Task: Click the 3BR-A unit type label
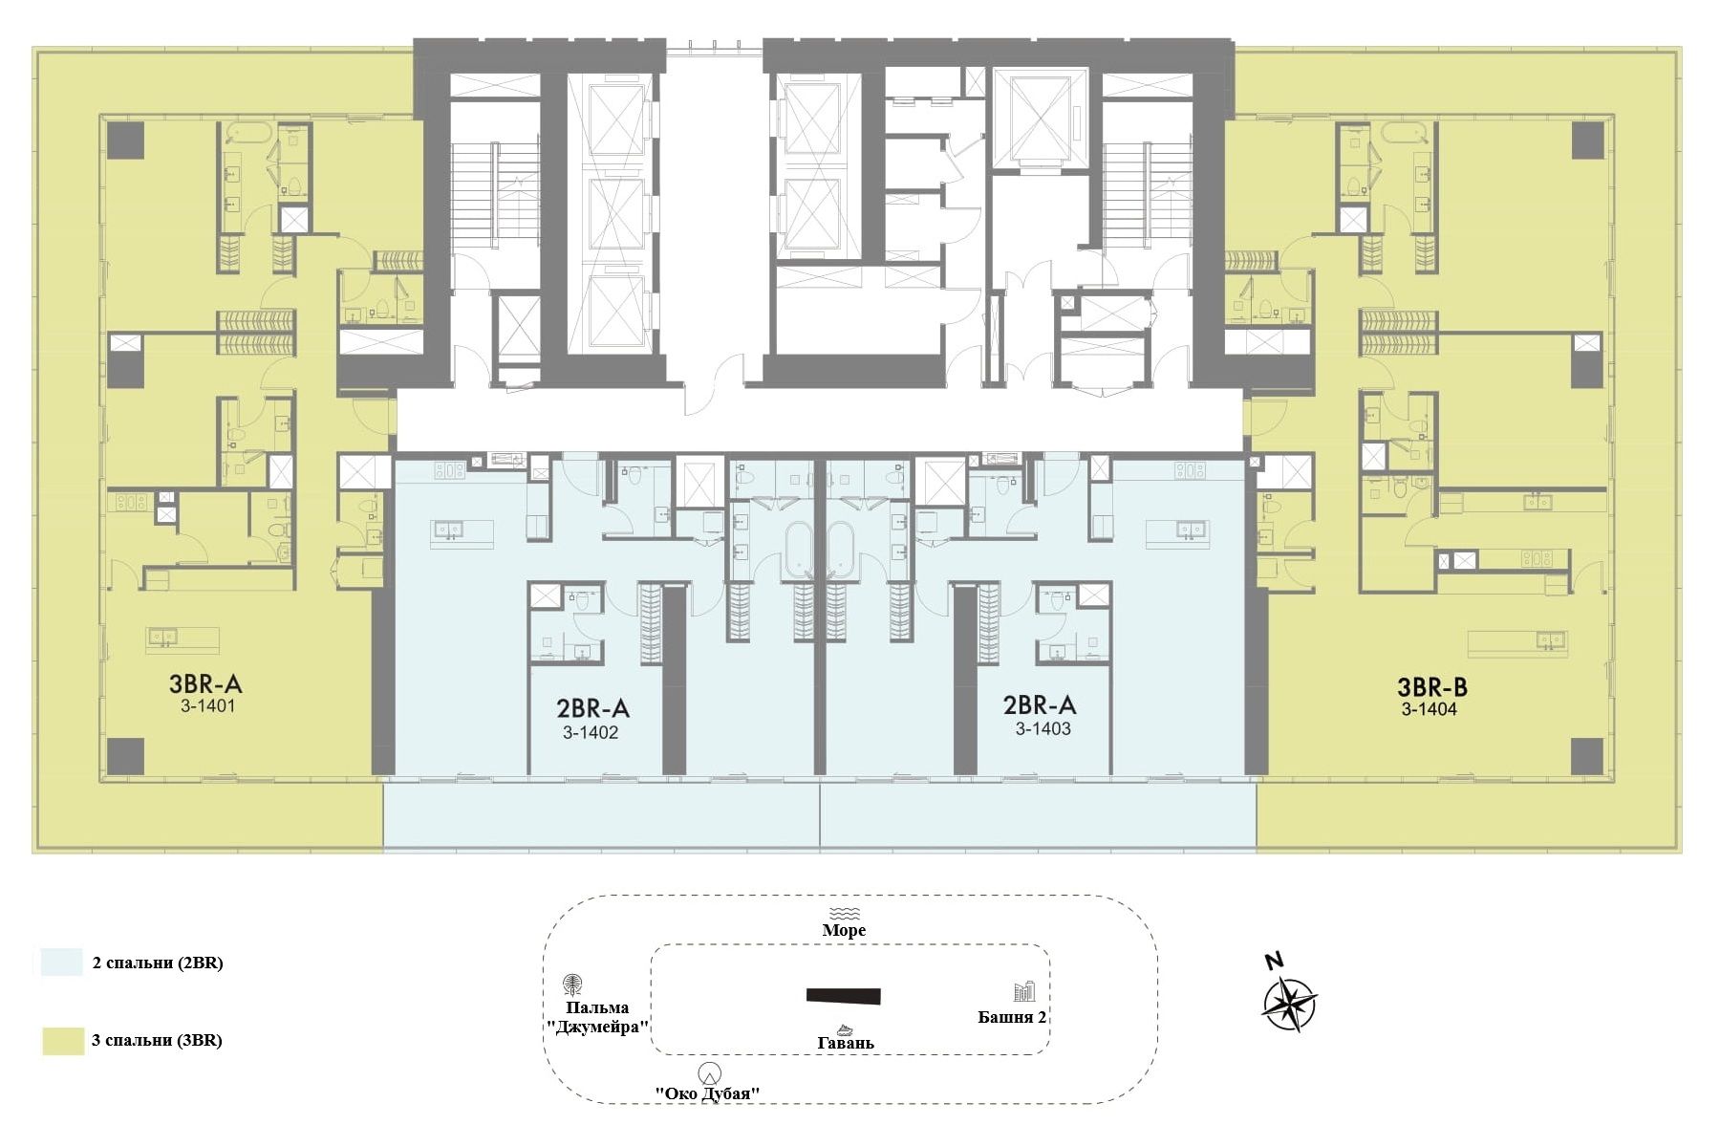click(x=205, y=683)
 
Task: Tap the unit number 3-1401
click(x=204, y=707)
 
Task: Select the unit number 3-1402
click(x=591, y=733)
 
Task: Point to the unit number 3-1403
click(x=1043, y=728)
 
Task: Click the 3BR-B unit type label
click(x=1432, y=686)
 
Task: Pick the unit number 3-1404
click(x=1430, y=709)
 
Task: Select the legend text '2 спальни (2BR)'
click(x=158, y=963)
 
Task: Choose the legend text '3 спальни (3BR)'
click(x=158, y=1041)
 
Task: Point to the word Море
click(x=845, y=930)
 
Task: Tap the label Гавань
click(x=846, y=1043)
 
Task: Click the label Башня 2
click(x=1012, y=1017)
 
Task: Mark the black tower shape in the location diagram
click(x=843, y=996)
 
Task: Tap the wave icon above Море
click(x=845, y=913)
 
